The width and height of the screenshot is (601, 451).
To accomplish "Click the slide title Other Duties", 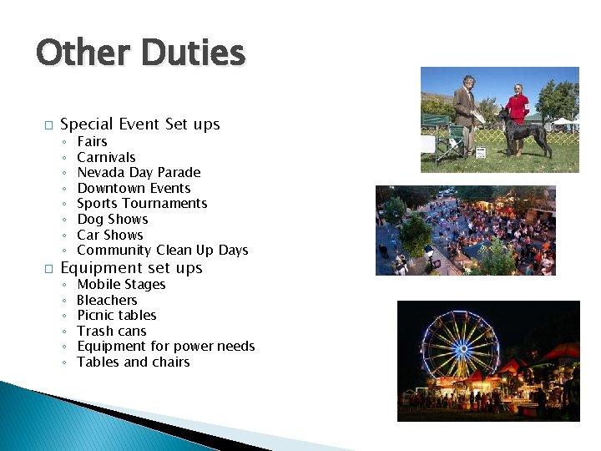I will [140, 53].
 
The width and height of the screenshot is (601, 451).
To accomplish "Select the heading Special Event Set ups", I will [140, 124].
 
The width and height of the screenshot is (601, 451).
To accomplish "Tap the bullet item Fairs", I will [92, 142].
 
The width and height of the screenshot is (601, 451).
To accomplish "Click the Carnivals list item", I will [106, 157].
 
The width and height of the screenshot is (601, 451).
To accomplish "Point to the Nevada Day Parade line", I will [139, 172].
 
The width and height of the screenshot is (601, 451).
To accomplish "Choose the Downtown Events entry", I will [134, 188].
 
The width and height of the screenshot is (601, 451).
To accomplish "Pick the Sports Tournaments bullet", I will [142, 203].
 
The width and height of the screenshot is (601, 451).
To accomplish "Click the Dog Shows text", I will [112, 219].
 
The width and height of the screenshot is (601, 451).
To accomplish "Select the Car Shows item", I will [110, 235].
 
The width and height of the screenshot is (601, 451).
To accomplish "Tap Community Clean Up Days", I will [162, 250].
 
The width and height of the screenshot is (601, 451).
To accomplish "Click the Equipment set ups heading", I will [132, 268].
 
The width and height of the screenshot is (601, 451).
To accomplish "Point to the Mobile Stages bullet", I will [121, 284].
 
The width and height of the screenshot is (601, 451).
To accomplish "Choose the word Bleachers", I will [107, 300].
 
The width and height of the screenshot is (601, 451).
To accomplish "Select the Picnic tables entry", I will [117, 315].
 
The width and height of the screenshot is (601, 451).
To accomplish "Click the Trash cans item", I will [112, 331].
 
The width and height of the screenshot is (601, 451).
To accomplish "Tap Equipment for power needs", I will [165, 346].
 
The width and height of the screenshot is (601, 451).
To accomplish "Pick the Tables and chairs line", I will [134, 362].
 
